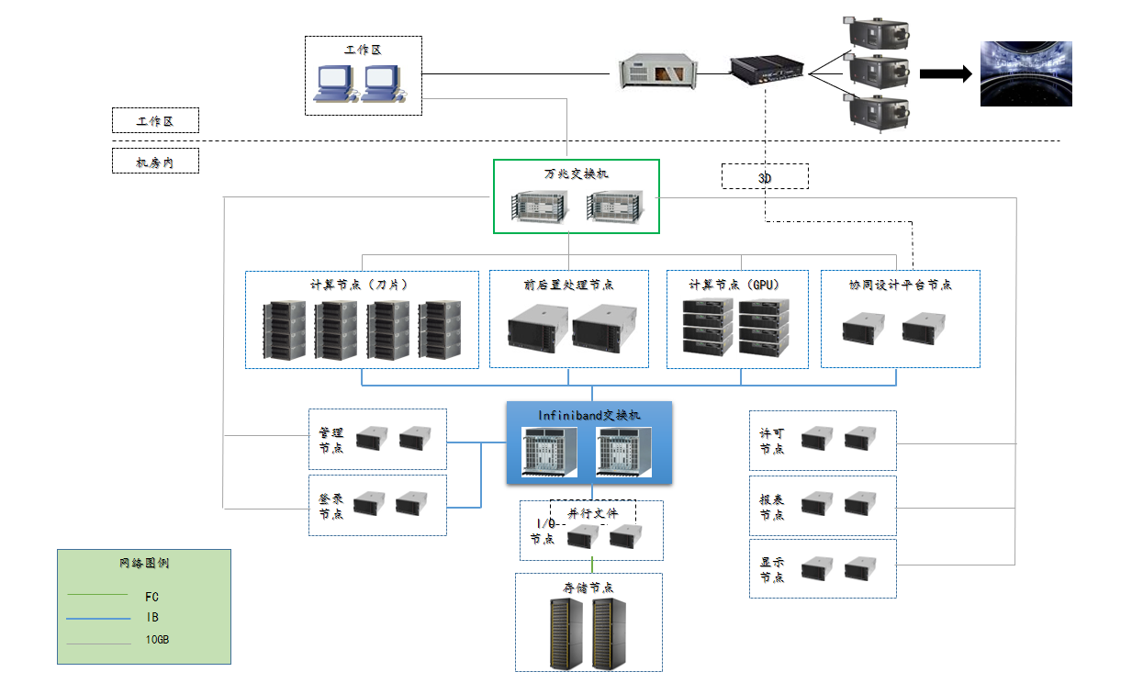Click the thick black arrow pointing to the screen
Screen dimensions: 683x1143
click(945, 74)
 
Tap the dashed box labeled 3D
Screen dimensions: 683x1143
click(765, 176)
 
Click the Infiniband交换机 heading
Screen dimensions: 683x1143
click(589, 415)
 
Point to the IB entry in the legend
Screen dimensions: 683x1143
click(152, 618)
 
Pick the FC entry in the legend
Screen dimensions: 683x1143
click(152, 597)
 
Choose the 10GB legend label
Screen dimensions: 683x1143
click(157, 640)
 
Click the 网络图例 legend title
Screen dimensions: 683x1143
click(144, 564)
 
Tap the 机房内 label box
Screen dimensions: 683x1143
click(155, 162)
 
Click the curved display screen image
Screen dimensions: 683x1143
click(1025, 73)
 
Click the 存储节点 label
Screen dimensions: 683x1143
click(588, 588)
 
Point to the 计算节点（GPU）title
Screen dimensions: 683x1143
click(737, 285)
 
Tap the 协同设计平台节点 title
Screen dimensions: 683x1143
click(900, 285)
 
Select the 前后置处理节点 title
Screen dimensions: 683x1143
click(568, 285)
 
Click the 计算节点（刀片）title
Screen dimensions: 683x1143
click(362, 285)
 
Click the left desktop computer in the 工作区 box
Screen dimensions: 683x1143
click(333, 84)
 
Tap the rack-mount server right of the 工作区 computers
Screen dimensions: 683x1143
click(657, 71)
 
